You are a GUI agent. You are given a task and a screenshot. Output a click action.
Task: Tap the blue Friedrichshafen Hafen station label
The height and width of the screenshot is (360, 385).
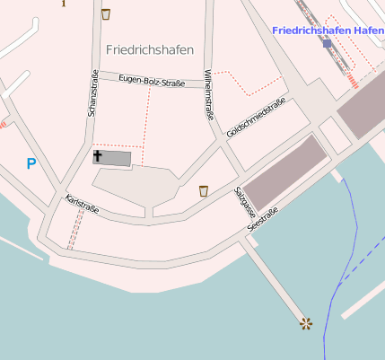(x=328, y=30)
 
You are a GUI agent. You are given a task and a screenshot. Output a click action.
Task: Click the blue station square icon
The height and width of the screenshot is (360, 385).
(x=327, y=42)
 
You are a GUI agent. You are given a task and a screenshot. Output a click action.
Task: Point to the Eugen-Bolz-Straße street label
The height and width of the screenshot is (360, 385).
(x=152, y=82)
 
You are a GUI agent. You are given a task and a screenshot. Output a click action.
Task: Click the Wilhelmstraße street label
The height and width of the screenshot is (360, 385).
(x=209, y=94)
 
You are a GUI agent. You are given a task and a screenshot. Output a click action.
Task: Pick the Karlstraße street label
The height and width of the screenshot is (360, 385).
(x=82, y=205)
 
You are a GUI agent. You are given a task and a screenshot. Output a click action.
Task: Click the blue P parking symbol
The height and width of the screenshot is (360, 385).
(x=31, y=163)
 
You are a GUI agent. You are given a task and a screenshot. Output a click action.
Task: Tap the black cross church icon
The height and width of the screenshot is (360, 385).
(x=98, y=156)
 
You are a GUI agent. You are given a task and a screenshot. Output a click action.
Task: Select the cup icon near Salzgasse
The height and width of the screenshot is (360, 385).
(x=204, y=190)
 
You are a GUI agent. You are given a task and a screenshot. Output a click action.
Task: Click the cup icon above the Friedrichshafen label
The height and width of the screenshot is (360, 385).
(x=106, y=13)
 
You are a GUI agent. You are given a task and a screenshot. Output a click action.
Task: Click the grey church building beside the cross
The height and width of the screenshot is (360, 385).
(x=118, y=159)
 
